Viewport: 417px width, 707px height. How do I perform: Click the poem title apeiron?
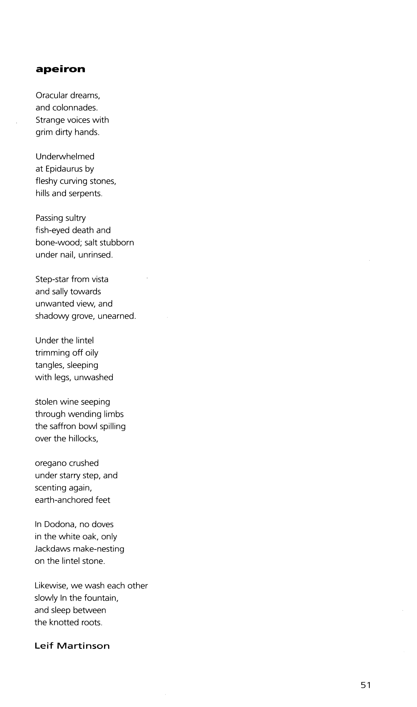60,69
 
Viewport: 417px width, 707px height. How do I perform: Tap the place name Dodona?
59,525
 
